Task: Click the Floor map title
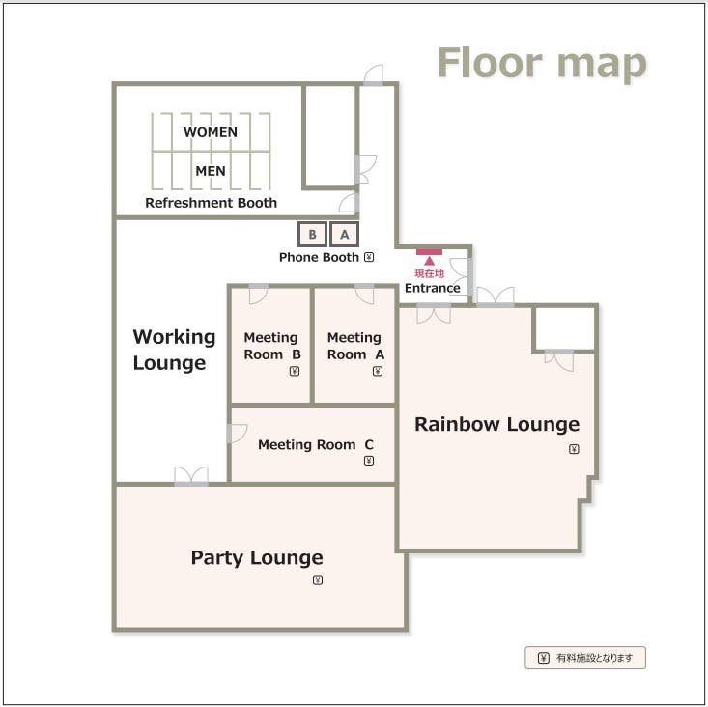[542, 64]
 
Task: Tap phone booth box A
[344, 235]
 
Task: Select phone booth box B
[312, 235]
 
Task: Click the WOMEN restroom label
[211, 132]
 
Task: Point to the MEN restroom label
[211, 171]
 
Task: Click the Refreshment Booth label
[211, 203]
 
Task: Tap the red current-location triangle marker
[429, 261]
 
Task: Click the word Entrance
[432, 288]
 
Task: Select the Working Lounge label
[174, 350]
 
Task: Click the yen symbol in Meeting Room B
[295, 372]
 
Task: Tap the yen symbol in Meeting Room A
[378, 372]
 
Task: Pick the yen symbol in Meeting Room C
[369, 461]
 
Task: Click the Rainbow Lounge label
[496, 424]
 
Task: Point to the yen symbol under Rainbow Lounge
[574, 449]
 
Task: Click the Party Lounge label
[257, 558]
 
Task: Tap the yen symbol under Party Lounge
[318, 580]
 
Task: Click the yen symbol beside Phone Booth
[369, 257]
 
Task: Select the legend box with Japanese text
[585, 658]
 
